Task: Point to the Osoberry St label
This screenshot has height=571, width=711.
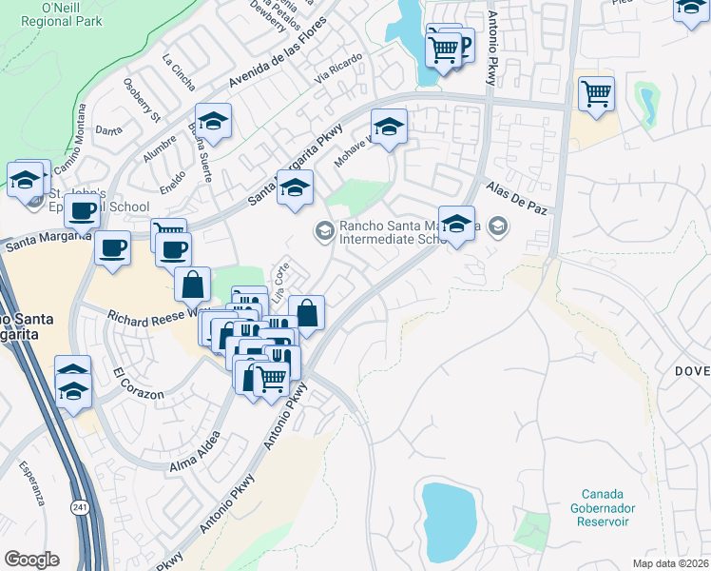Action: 143,99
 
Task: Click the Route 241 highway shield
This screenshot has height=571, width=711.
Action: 77,510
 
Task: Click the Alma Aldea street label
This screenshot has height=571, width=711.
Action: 195,452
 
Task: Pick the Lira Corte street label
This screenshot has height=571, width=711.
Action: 279,283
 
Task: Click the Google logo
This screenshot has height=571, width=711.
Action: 31,559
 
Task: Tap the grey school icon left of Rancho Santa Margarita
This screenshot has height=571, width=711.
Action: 324,229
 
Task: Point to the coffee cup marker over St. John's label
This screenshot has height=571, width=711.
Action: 83,209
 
